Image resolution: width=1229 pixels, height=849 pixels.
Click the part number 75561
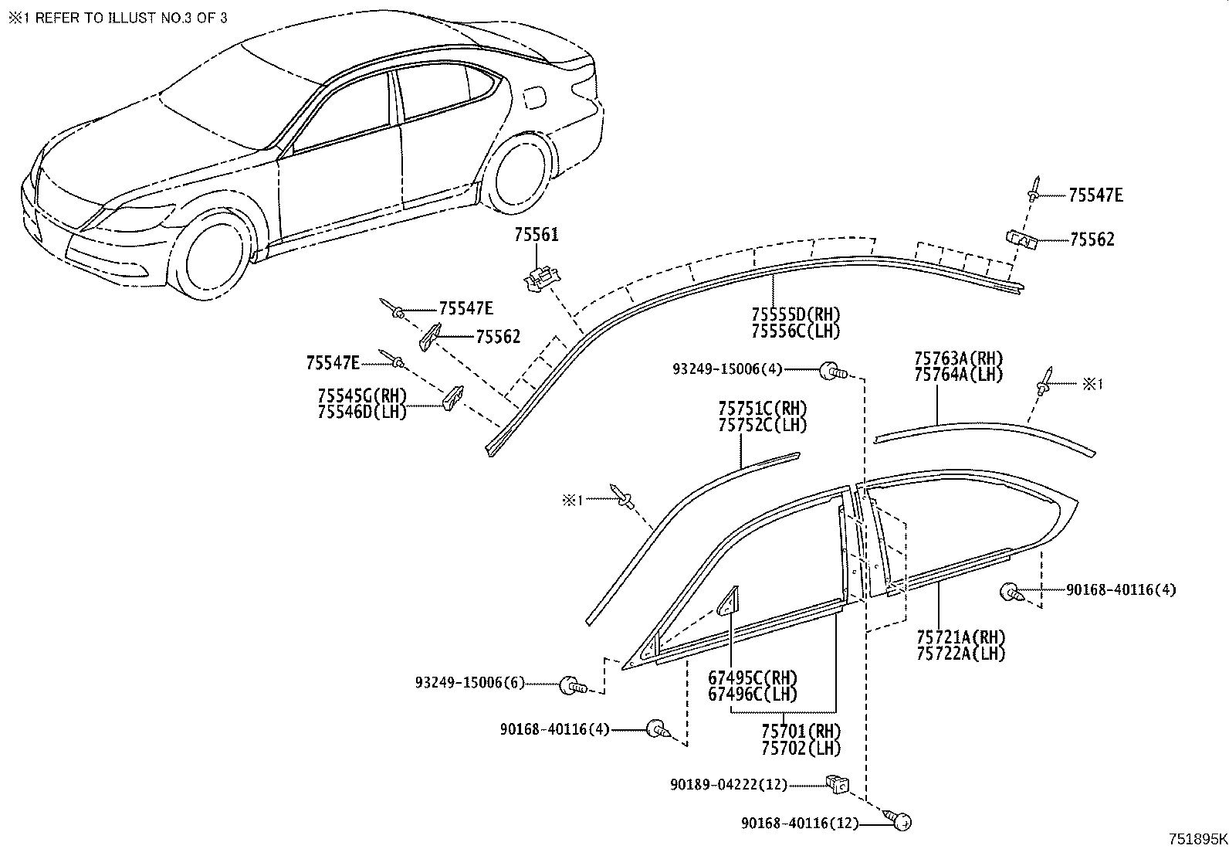pyautogui.click(x=537, y=235)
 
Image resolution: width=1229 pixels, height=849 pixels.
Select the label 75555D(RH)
pyautogui.click(x=796, y=314)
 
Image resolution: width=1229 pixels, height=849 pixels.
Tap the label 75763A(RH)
pyautogui.click(x=958, y=358)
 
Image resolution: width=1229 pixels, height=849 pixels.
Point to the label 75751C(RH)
pyautogui.click(x=763, y=409)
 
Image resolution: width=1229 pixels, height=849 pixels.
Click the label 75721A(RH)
pyautogui.click(x=961, y=638)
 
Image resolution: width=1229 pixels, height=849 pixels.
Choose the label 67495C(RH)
pyautogui.click(x=753, y=678)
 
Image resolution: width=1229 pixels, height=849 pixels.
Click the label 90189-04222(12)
pyautogui.click(x=728, y=785)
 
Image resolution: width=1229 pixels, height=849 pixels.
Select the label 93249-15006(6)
pyautogui.click(x=469, y=683)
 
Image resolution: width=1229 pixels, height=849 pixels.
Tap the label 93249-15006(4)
pyautogui.click(x=727, y=369)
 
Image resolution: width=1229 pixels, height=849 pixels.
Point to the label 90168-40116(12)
pyautogui.click(x=800, y=824)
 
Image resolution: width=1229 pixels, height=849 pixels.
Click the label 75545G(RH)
pyautogui.click(x=362, y=396)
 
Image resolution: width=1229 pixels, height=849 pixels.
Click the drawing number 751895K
pyautogui.click(x=1197, y=839)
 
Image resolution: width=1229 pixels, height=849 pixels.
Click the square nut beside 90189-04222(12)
pyautogui.click(x=837, y=784)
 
